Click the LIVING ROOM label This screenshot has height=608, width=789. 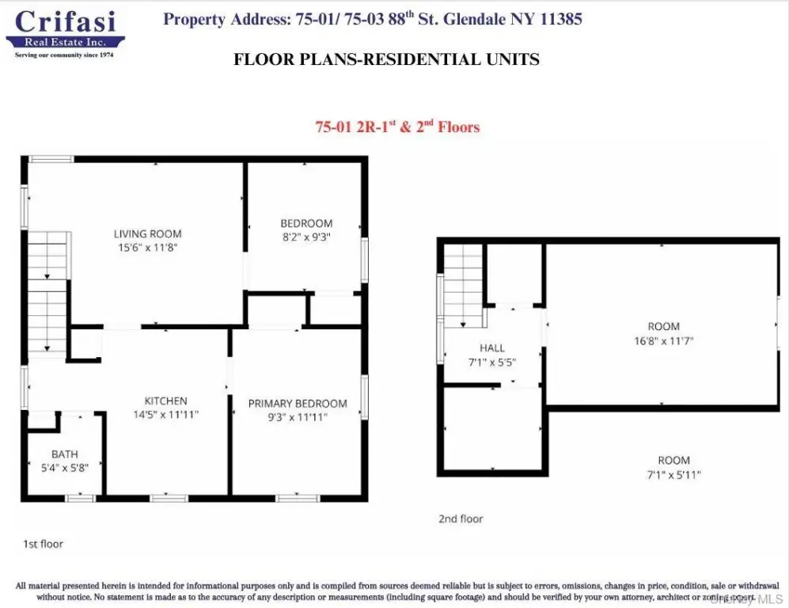(147, 234)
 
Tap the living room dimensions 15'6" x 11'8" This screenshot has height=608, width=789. (148, 247)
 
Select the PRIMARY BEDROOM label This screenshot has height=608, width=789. (298, 403)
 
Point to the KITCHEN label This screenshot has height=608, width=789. (165, 401)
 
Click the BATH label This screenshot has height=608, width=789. (64, 454)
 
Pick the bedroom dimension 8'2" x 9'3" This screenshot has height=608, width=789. (306, 237)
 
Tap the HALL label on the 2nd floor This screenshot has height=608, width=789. (492, 348)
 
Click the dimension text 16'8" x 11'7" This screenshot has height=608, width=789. (664, 340)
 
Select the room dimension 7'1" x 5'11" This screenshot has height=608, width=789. (673, 474)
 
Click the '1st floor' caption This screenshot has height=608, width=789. (44, 544)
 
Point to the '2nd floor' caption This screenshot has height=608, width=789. (461, 519)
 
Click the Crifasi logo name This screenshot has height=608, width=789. (66, 21)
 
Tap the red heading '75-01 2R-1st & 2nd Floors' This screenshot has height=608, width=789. (397, 127)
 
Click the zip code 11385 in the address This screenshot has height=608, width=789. (561, 19)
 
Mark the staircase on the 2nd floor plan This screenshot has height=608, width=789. (464, 285)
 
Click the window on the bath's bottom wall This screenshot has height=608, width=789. (81, 498)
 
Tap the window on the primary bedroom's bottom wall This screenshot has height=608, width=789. (298, 498)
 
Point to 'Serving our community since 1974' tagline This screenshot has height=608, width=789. (64, 55)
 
